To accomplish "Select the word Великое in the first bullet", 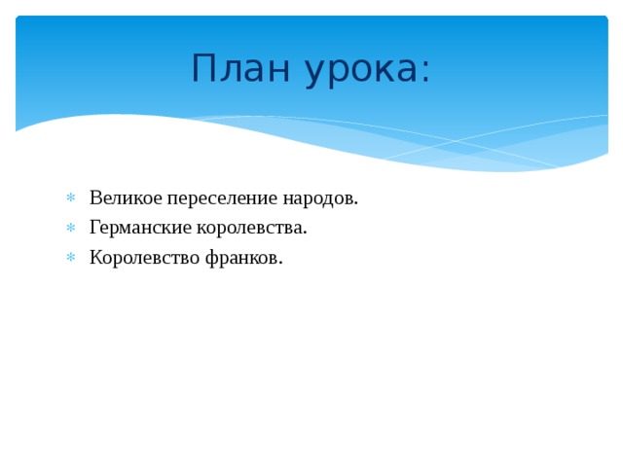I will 125,198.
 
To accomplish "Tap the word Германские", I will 138,229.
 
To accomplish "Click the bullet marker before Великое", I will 70,199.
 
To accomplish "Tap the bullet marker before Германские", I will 70,229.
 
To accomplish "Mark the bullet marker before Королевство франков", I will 70,258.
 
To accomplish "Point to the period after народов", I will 356,204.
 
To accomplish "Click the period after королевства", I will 305,233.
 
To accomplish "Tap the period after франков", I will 280,263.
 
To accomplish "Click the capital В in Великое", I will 95,198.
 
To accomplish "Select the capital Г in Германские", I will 94,229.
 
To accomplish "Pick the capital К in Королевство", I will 95,258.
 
